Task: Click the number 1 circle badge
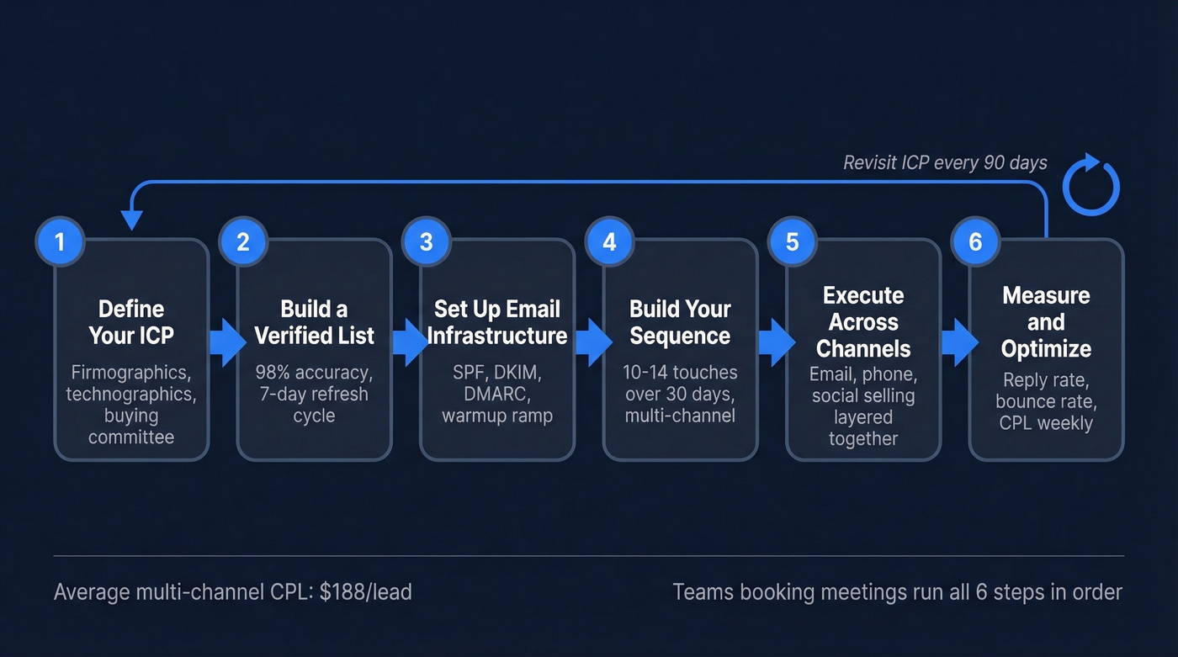click(60, 242)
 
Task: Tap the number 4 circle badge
click(609, 242)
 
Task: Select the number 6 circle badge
click(975, 242)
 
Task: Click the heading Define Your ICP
click(131, 322)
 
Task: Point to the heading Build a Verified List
click(314, 322)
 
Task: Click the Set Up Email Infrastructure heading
click(497, 322)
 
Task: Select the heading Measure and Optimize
click(1046, 322)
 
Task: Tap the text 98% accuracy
click(314, 372)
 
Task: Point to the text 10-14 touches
click(680, 372)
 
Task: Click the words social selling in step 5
click(863, 395)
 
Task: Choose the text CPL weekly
click(1046, 422)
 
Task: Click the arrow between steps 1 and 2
click(226, 342)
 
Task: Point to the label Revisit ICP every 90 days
click(945, 162)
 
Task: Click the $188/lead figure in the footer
click(366, 592)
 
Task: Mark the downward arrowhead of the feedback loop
click(130, 220)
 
